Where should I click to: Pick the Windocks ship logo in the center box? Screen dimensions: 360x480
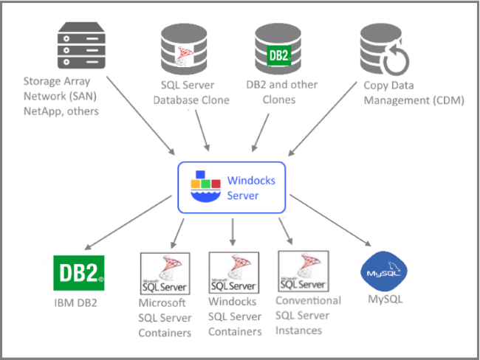click(207, 186)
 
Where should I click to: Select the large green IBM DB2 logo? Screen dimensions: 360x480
click(79, 272)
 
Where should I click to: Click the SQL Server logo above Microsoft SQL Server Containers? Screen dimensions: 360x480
click(165, 274)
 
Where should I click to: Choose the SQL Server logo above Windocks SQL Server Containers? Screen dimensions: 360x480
click(233, 274)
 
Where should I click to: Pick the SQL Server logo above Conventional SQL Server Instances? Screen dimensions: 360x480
click(302, 272)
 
